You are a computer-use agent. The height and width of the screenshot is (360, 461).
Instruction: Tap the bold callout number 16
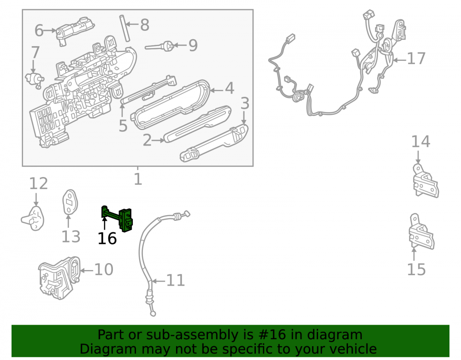pos(107,238)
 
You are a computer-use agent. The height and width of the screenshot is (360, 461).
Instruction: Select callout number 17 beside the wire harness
pos(416,59)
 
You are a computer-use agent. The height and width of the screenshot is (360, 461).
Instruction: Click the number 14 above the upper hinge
pos(420,142)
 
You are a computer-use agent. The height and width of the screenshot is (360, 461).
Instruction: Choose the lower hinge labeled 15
pos(421,232)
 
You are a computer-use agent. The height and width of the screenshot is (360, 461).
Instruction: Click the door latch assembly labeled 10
pos(59,277)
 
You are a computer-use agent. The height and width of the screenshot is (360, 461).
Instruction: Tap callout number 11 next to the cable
pos(176,280)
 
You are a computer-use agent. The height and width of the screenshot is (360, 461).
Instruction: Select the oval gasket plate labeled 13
pos(70,202)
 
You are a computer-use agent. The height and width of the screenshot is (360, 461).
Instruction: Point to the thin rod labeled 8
pos(124,28)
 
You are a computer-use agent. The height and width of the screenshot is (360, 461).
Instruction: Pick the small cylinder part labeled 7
pos(35,79)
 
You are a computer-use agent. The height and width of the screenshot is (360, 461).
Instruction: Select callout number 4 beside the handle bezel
pos(229,89)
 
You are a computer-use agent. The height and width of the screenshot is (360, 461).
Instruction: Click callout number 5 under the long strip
pos(123,126)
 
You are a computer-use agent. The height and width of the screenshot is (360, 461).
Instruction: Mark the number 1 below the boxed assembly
pos(138,179)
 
